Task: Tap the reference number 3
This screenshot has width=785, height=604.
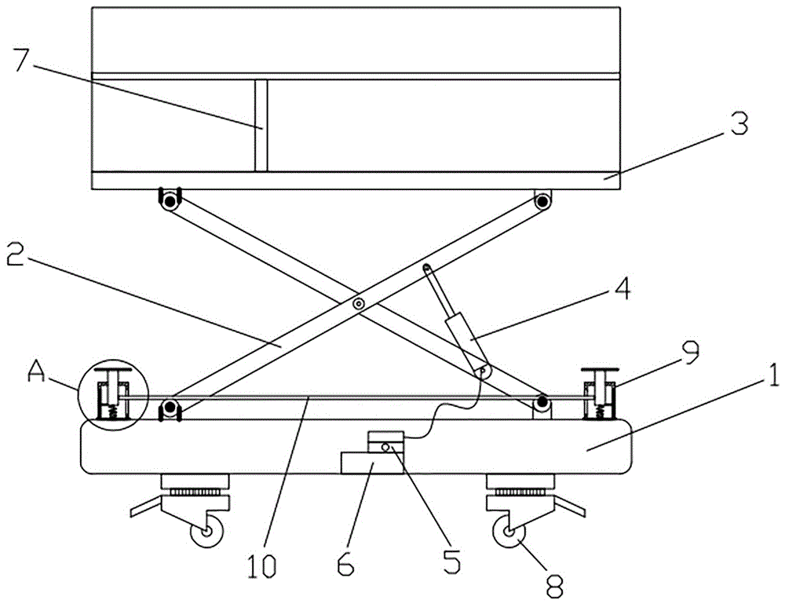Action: coord(739,123)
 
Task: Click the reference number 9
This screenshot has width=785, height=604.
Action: coord(689,353)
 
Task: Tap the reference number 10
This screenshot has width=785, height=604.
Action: coord(262,566)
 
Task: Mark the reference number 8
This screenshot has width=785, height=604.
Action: coord(554,585)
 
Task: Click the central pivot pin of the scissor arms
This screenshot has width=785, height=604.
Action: coord(359,303)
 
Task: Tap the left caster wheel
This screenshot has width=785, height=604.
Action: coord(206,533)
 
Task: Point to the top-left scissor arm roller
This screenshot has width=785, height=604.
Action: coord(170,202)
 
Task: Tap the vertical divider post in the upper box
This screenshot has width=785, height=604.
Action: coord(261,125)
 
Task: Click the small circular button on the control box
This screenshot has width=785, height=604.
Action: coord(385,447)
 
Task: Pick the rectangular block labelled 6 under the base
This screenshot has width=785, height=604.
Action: coord(372,463)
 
